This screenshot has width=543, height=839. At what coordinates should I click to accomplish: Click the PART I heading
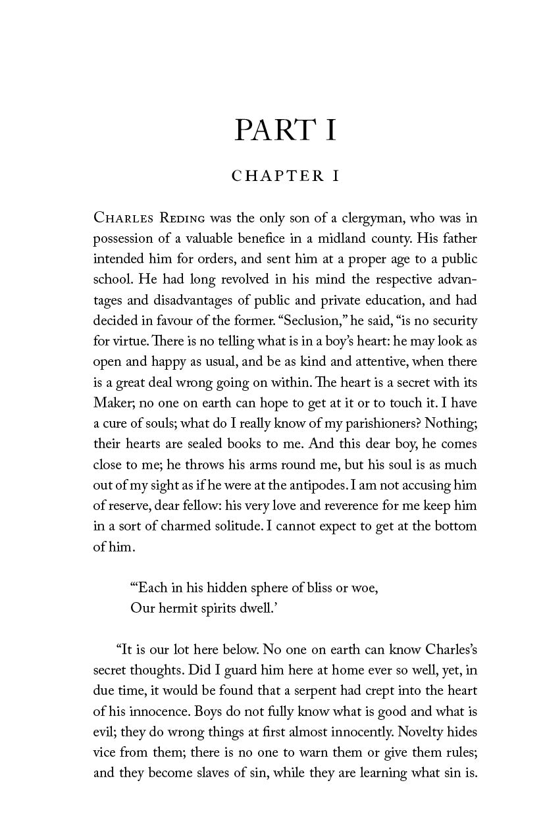[285, 130]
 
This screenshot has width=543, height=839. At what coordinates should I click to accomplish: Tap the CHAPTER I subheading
[285, 176]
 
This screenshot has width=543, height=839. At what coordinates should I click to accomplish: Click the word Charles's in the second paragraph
[445, 649]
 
